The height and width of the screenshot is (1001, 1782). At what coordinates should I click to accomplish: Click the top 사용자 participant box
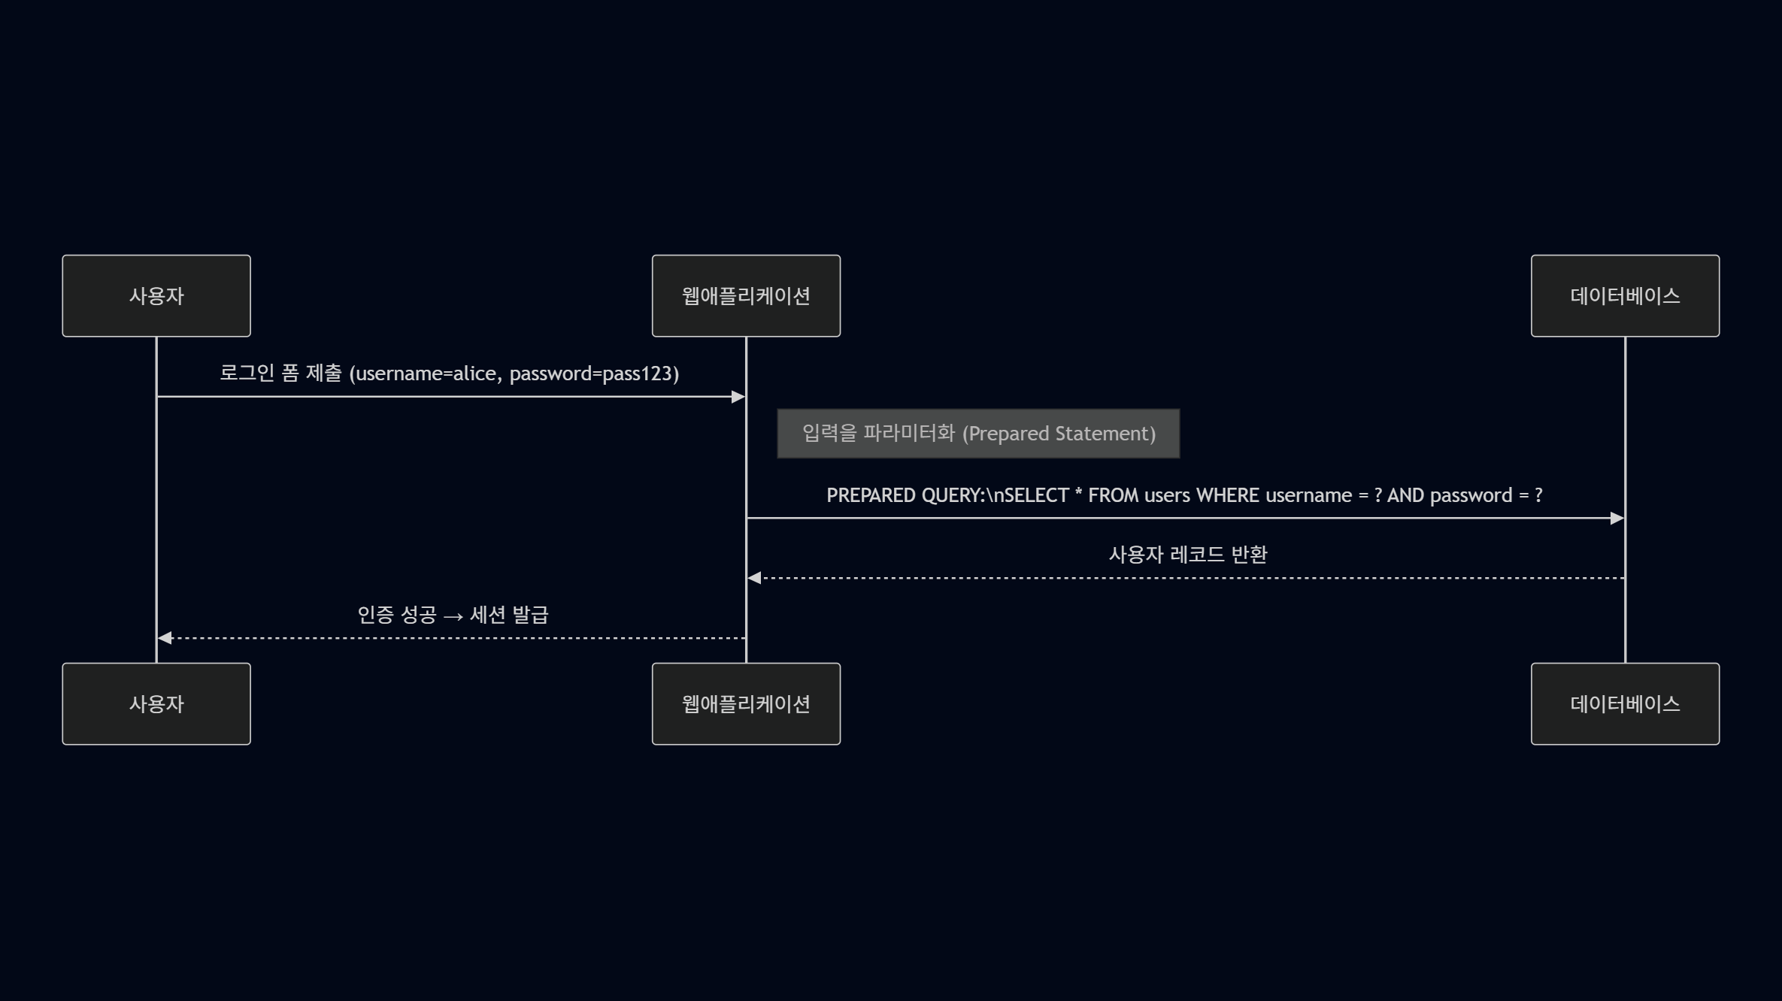point(156,296)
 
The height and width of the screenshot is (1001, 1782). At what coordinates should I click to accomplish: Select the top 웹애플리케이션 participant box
point(746,296)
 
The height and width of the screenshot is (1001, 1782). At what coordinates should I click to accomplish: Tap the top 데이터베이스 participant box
point(1625,296)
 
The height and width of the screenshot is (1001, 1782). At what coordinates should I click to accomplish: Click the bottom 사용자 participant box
point(156,704)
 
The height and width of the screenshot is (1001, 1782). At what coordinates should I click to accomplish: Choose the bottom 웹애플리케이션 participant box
point(746,704)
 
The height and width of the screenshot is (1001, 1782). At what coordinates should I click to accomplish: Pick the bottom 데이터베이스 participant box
point(1625,704)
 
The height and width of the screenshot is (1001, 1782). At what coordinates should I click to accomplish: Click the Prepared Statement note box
point(978,434)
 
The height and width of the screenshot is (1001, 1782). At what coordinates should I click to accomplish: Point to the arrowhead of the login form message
point(738,397)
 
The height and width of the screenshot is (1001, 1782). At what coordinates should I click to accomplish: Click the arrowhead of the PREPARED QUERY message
point(1617,519)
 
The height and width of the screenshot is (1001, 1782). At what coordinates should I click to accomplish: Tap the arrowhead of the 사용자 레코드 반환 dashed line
point(754,578)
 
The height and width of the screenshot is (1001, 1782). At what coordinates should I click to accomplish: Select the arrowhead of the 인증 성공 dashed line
point(165,638)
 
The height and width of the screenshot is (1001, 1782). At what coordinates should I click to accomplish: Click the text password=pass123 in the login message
point(592,373)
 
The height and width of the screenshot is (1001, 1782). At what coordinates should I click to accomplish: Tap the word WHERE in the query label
point(1227,496)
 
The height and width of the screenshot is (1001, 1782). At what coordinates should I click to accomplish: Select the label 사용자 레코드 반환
point(1188,555)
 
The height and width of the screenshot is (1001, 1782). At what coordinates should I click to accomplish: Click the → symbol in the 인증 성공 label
point(453,616)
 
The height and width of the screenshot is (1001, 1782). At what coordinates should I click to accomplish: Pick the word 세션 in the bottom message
point(487,615)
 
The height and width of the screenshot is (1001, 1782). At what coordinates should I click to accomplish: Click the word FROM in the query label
point(1113,496)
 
